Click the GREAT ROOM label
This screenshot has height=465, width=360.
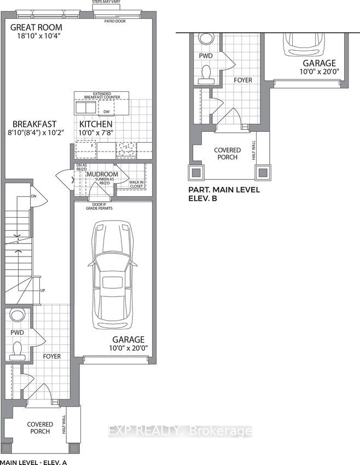(x=36, y=27)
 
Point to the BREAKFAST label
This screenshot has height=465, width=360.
(x=35, y=124)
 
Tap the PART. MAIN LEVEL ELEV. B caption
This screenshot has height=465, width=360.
(x=223, y=194)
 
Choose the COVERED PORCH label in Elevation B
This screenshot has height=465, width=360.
(x=226, y=153)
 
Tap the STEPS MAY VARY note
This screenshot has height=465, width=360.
(x=114, y=2)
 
